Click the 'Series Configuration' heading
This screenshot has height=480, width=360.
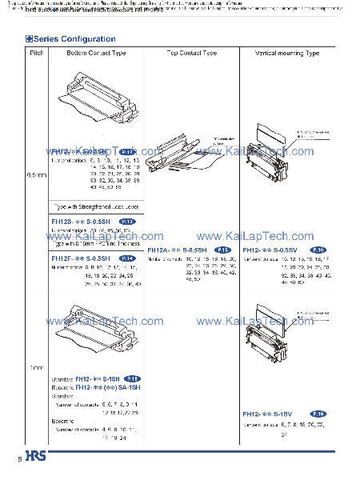coord(74,38)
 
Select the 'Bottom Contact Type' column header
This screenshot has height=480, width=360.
coord(97,53)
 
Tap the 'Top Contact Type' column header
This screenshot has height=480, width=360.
coord(191,53)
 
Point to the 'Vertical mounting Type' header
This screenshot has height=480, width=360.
coord(286,53)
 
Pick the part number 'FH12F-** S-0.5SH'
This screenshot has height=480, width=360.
coord(80,258)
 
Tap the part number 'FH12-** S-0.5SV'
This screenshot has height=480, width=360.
coord(271,250)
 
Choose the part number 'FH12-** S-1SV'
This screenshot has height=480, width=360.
coord(268,414)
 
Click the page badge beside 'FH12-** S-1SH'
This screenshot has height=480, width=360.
coord(132,378)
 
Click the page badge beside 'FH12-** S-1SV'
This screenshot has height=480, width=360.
coord(318,414)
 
